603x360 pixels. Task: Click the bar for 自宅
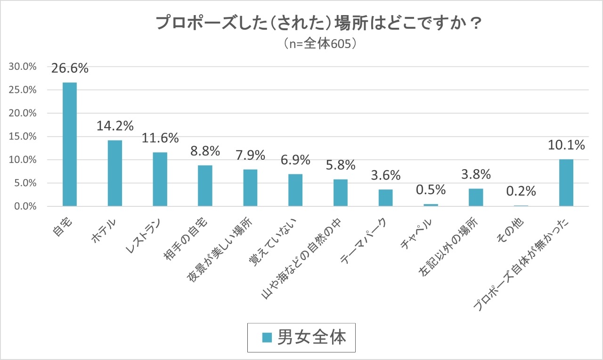coord(70,144)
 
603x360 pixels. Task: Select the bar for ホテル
coord(115,173)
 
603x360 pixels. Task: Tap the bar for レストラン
coord(160,179)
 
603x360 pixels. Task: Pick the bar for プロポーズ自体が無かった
coord(566,183)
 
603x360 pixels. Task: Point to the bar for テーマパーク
coord(385,198)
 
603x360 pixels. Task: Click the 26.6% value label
coord(70,69)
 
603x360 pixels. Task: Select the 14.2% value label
coord(115,126)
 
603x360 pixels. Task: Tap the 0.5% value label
coord(431,190)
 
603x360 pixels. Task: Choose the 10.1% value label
coord(566,145)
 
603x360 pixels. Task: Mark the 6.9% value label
coord(295,160)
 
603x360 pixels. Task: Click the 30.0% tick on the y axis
coord(23,67)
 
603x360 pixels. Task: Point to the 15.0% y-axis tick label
coord(23,137)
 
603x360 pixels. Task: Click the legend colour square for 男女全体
coord(267,338)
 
